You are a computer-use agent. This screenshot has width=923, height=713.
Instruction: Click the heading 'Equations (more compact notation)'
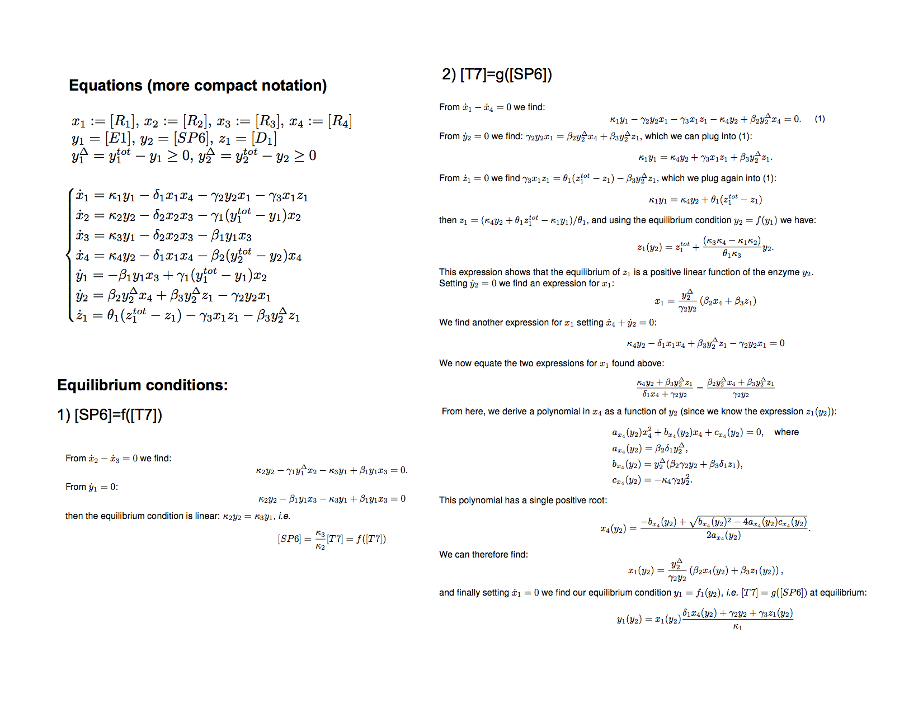[x=197, y=86]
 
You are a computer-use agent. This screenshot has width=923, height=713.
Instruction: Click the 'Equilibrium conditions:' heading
[x=143, y=385]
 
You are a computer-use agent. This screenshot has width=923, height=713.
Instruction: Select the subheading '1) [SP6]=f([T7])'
[x=110, y=415]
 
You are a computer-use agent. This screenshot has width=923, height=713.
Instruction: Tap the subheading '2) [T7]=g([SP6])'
[x=497, y=74]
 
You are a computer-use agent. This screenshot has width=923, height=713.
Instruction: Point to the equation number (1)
[x=820, y=119]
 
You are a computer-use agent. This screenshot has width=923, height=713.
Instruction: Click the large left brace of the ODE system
[x=70, y=256]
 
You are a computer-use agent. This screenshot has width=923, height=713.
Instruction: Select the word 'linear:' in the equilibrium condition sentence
[x=206, y=516]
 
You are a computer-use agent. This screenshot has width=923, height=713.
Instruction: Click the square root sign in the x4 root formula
[x=694, y=522]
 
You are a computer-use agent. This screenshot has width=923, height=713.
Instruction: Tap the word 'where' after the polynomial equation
[x=786, y=432]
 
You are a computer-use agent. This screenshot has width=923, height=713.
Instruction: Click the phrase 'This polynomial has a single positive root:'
[x=522, y=500]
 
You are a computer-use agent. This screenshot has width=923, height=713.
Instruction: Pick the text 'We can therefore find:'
[x=483, y=555]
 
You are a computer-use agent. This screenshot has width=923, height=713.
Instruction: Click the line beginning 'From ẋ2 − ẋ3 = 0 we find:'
[x=119, y=459]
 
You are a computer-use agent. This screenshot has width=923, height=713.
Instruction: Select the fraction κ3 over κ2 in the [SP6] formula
[x=320, y=540]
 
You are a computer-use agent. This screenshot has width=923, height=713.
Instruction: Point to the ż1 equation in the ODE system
[x=188, y=316]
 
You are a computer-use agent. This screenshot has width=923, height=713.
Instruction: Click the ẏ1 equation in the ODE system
[x=171, y=276]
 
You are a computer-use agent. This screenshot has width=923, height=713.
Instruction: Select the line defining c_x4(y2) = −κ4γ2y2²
[x=652, y=480]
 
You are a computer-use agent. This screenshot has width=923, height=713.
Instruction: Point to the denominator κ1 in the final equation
[x=737, y=627]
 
